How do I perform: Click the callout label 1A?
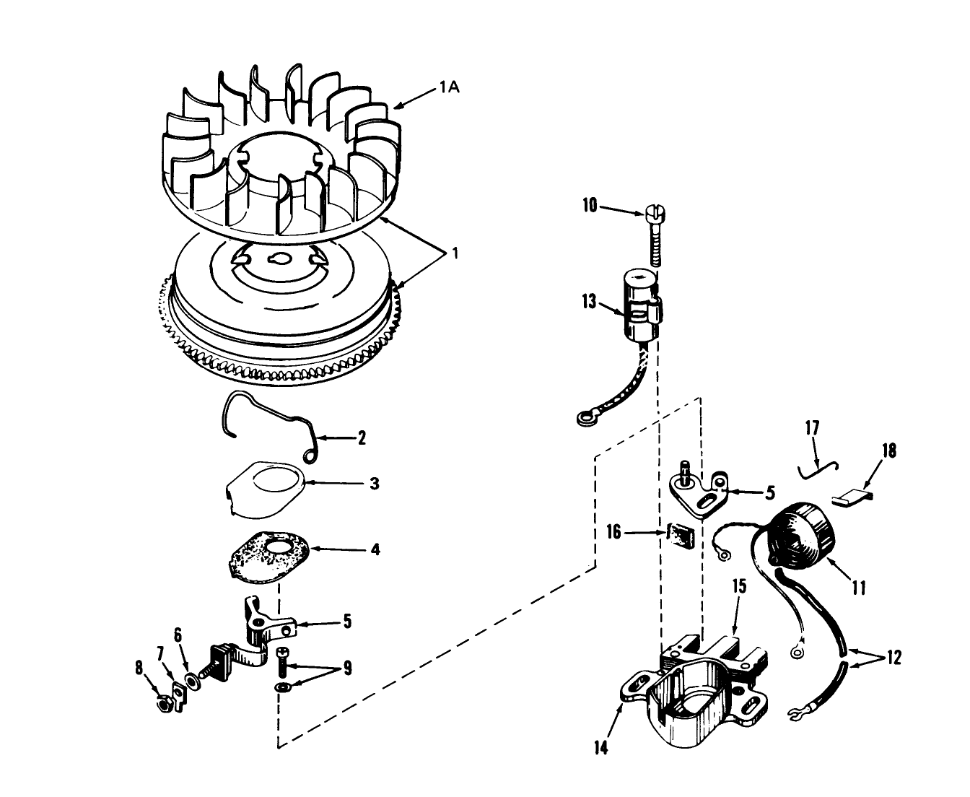pyautogui.click(x=450, y=87)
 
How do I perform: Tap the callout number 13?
pyautogui.click(x=589, y=302)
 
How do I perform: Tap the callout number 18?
pyautogui.click(x=889, y=451)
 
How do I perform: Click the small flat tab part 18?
pyautogui.click(x=853, y=499)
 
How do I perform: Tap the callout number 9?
pyautogui.click(x=347, y=668)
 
